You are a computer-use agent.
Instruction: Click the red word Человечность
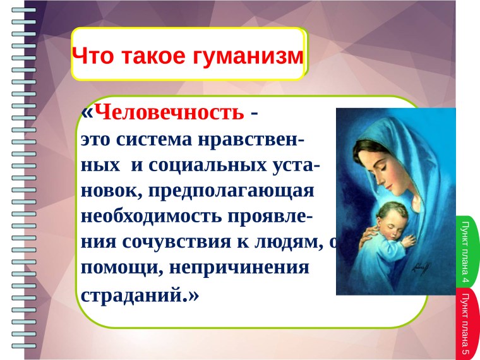172,113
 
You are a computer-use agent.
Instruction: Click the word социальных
205,165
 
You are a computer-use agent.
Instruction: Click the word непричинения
241,267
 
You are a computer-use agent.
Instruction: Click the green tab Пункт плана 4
466,251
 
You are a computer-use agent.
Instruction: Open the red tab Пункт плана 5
466,322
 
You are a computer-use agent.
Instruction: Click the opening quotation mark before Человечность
87,113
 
